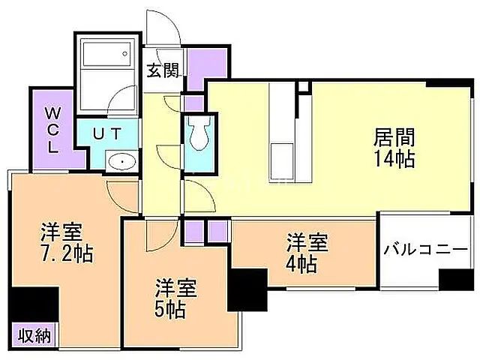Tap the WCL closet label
(x=52, y=130)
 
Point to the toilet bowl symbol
(x=199, y=136)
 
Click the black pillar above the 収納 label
(x=35, y=305)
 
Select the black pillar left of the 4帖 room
(x=247, y=289)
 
